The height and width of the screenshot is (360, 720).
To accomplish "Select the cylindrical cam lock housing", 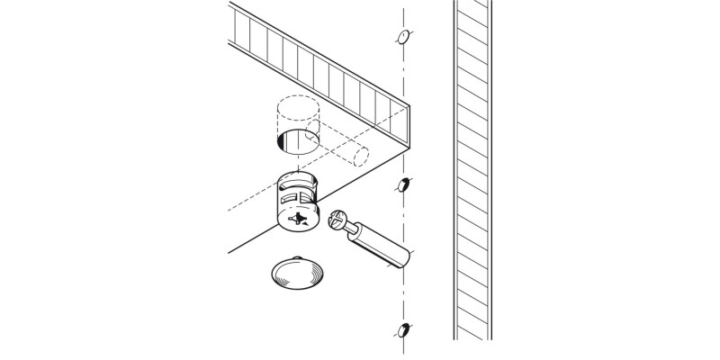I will (297, 202).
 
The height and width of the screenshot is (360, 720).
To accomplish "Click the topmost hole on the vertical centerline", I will (403, 38).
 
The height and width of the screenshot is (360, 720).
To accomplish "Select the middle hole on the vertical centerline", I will (403, 185).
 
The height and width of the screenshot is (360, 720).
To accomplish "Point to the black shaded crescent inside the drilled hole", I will (281, 140).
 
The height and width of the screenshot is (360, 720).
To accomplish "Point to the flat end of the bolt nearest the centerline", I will (408, 260).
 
